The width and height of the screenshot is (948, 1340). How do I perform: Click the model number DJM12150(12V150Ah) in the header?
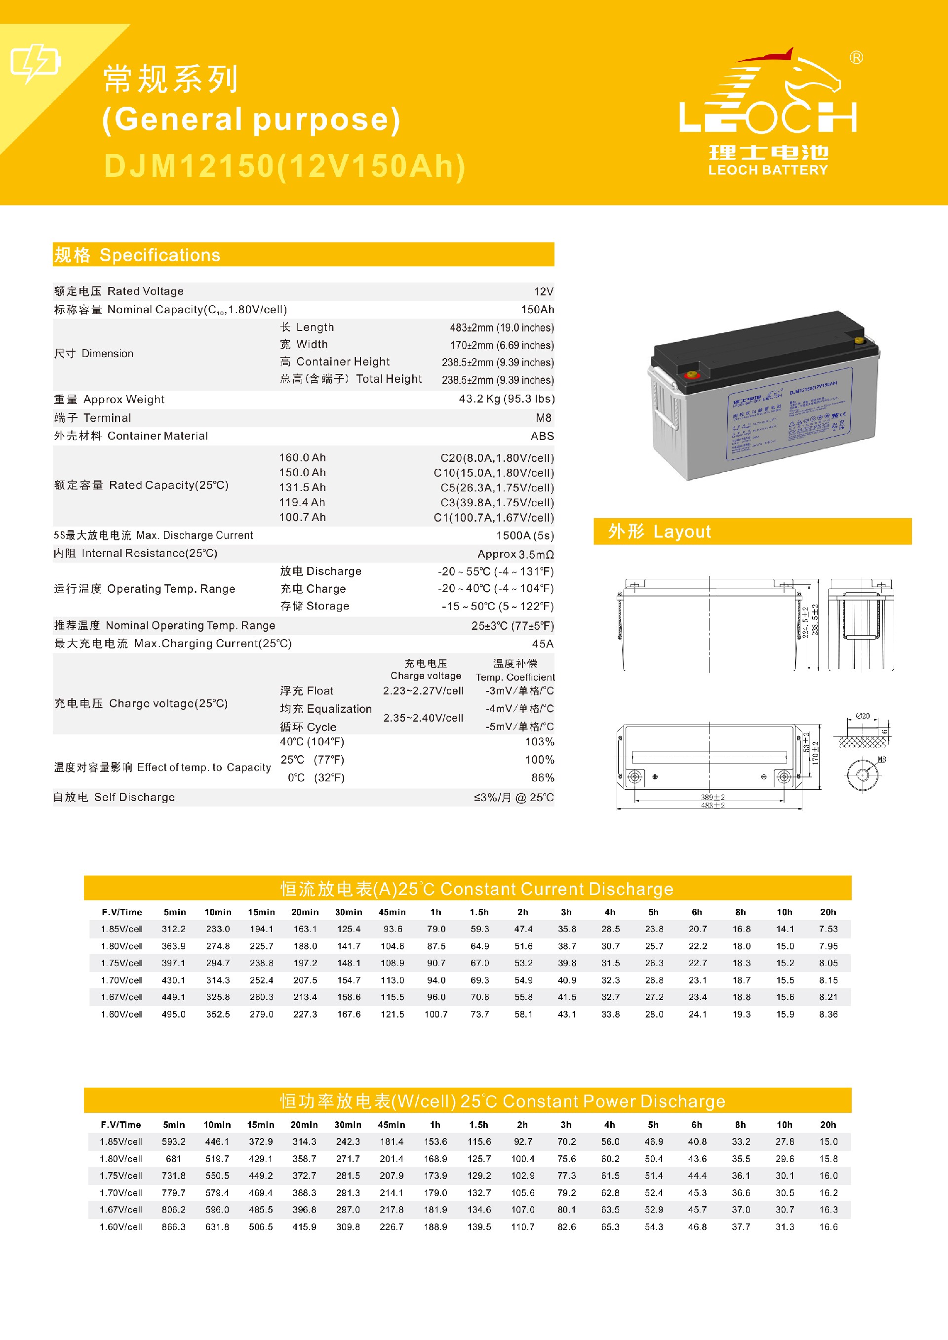[284, 166]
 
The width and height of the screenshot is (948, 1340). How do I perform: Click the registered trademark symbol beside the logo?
[856, 58]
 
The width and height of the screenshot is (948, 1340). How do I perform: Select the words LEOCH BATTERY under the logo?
[768, 170]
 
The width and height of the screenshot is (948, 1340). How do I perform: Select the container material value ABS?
[542, 436]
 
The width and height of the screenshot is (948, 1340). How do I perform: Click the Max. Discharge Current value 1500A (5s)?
[524, 535]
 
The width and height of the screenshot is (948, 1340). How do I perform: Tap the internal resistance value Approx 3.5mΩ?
[515, 554]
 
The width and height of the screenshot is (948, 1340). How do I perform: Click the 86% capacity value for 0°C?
[542, 778]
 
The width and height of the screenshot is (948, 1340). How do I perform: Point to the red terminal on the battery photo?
[692, 374]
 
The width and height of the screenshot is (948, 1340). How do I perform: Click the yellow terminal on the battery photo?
[859, 339]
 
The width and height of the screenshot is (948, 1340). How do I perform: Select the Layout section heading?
[659, 531]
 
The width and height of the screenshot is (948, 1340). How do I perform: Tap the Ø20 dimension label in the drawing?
[862, 716]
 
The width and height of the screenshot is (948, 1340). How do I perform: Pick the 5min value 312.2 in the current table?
[173, 929]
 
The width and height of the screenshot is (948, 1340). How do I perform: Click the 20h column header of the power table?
[828, 1125]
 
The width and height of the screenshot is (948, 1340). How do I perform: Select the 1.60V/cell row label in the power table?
[121, 1227]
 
